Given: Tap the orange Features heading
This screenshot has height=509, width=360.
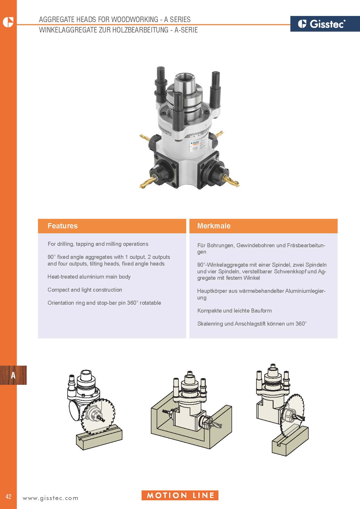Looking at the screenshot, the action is point(63,226).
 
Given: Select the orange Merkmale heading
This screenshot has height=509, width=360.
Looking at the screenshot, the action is point(214,226).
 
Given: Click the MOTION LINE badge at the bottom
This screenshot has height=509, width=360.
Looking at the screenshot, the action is point(180,495).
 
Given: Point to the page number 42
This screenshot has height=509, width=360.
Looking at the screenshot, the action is point(8,496).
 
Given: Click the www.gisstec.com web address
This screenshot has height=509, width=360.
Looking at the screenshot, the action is point(50,498).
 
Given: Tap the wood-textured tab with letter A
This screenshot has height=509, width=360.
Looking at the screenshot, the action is point(13,375).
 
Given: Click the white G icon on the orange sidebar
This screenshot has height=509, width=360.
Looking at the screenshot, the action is point(8,22).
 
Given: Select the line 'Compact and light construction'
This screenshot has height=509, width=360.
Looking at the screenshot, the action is point(85,290).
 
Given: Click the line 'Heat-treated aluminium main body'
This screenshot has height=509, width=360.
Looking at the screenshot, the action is point(89,277).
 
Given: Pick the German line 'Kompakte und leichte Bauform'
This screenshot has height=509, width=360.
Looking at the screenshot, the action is point(234,311).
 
